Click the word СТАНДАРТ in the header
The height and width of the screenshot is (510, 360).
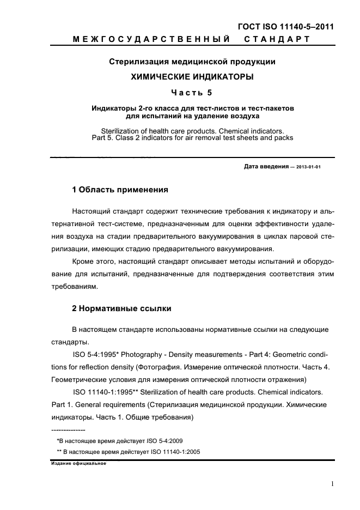coord(276,39)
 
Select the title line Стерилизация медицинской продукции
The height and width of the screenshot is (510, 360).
coord(192,62)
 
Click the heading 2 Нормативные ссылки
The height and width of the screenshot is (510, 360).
coord(122,308)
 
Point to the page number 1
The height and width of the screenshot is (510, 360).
coord(332,484)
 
